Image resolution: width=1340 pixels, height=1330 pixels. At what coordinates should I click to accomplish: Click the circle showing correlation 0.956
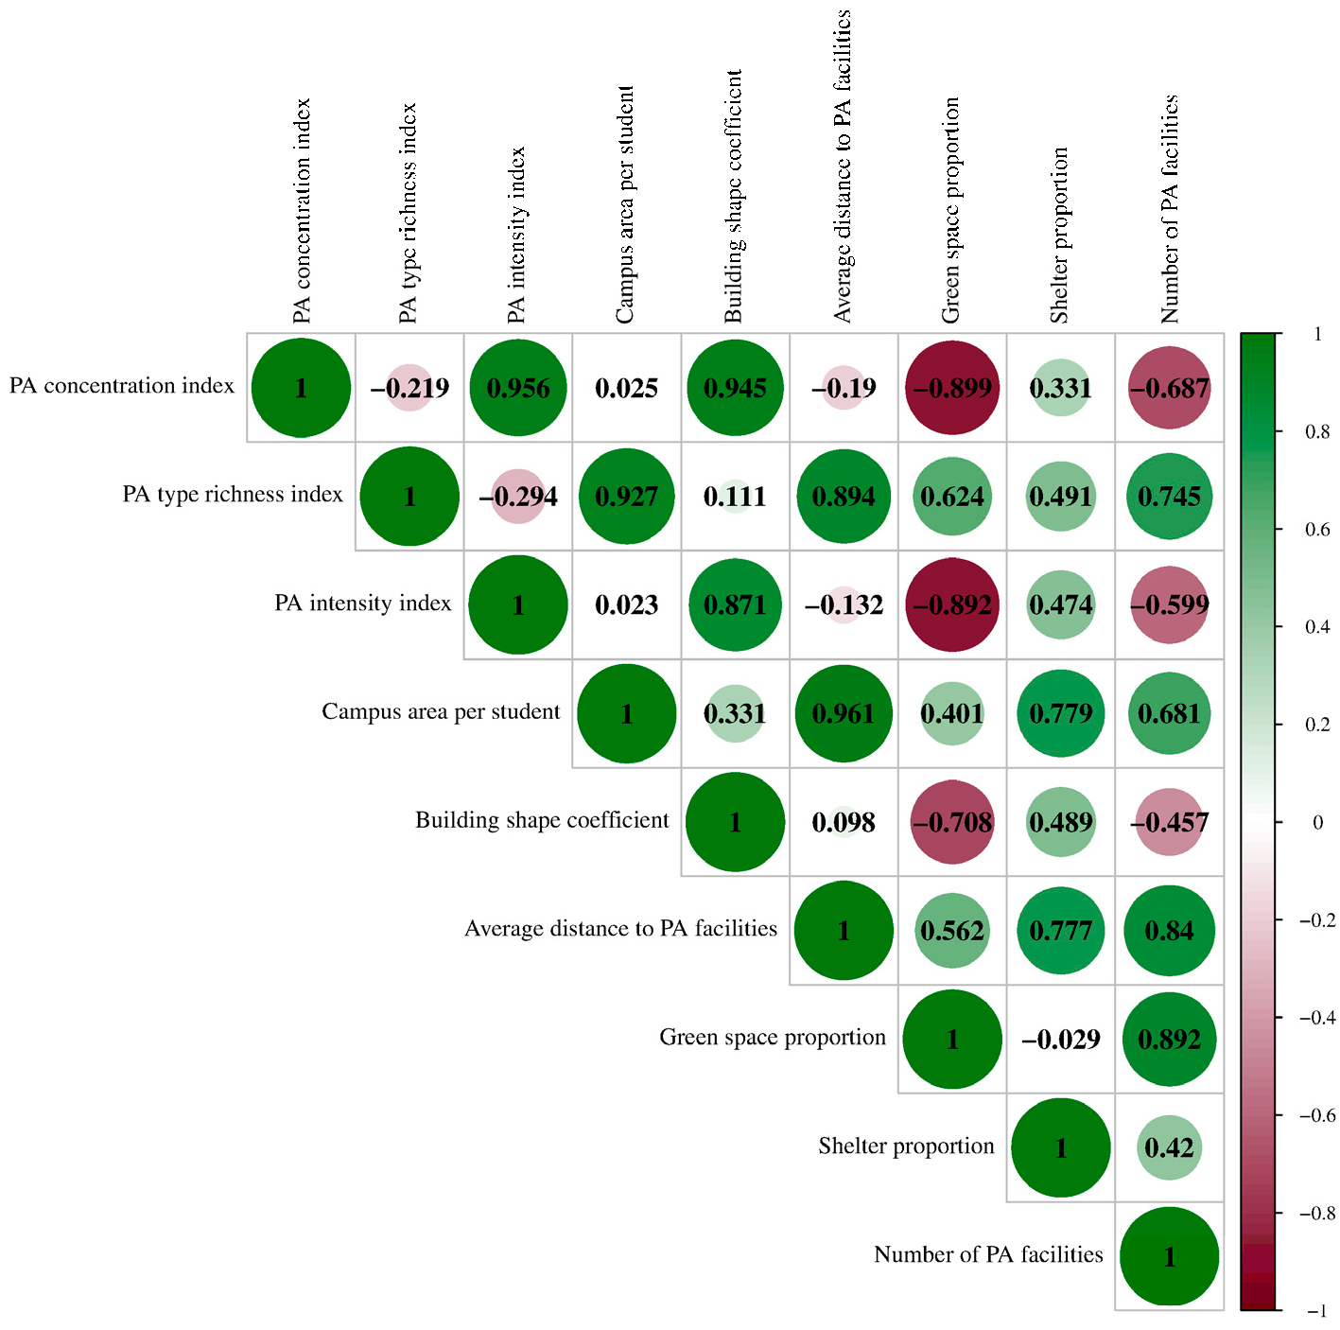point(518,388)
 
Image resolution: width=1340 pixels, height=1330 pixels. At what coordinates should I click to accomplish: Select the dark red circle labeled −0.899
point(952,388)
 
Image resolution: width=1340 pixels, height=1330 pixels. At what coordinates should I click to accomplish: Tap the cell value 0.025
point(626,388)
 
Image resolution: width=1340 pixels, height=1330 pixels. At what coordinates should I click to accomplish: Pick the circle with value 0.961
point(844,713)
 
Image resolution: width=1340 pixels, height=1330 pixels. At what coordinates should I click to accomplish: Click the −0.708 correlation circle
point(952,822)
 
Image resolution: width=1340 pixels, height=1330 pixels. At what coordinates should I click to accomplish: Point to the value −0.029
point(1061,1040)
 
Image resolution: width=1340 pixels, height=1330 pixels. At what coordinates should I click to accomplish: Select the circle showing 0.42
point(1170,1147)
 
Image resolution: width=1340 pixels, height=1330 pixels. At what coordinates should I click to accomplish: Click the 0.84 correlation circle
point(1170,931)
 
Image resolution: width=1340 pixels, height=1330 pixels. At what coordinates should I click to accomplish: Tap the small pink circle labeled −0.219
point(409,388)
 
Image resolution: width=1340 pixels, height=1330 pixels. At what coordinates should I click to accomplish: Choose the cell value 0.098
point(844,822)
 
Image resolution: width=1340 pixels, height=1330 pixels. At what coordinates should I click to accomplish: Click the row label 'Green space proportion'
point(773,1038)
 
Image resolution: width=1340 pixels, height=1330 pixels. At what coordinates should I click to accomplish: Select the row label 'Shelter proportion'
point(906,1146)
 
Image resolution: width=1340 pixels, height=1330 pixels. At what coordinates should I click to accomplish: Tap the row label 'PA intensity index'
point(363,604)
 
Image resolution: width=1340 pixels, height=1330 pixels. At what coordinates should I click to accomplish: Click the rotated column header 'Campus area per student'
point(625,204)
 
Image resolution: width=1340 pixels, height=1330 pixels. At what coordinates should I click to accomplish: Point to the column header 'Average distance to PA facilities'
point(843,166)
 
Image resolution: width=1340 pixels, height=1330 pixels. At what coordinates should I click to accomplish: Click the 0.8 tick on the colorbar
point(1317,431)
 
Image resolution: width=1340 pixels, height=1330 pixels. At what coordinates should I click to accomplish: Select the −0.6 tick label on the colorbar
point(1315,1115)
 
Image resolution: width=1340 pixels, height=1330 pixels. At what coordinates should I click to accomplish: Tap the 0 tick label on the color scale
point(1317,822)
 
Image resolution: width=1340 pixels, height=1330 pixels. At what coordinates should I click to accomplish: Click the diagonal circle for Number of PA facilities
point(1170,1256)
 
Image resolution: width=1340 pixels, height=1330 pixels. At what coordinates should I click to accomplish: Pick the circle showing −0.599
point(1170,604)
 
